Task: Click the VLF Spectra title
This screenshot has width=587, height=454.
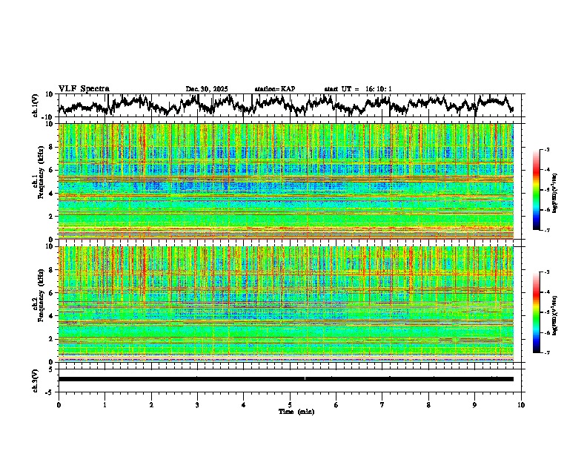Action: tap(84, 89)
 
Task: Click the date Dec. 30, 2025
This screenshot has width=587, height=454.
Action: tap(207, 89)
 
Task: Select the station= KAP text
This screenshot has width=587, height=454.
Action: tap(275, 89)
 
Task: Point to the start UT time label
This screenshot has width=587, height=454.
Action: tap(358, 89)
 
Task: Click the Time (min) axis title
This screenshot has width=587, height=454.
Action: tap(296, 411)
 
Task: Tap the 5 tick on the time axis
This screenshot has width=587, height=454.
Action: tap(290, 405)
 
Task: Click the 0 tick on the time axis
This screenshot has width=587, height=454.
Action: tap(59, 405)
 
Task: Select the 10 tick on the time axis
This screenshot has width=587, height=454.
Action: tap(521, 405)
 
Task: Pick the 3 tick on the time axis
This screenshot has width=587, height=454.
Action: tap(197, 405)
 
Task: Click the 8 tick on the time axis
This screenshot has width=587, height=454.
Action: tap(428, 405)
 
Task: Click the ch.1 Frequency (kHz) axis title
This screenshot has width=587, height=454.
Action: tap(36, 182)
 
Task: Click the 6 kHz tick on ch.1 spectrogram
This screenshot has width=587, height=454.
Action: tap(52, 170)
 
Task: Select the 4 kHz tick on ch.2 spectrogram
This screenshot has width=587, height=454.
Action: tap(52, 315)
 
